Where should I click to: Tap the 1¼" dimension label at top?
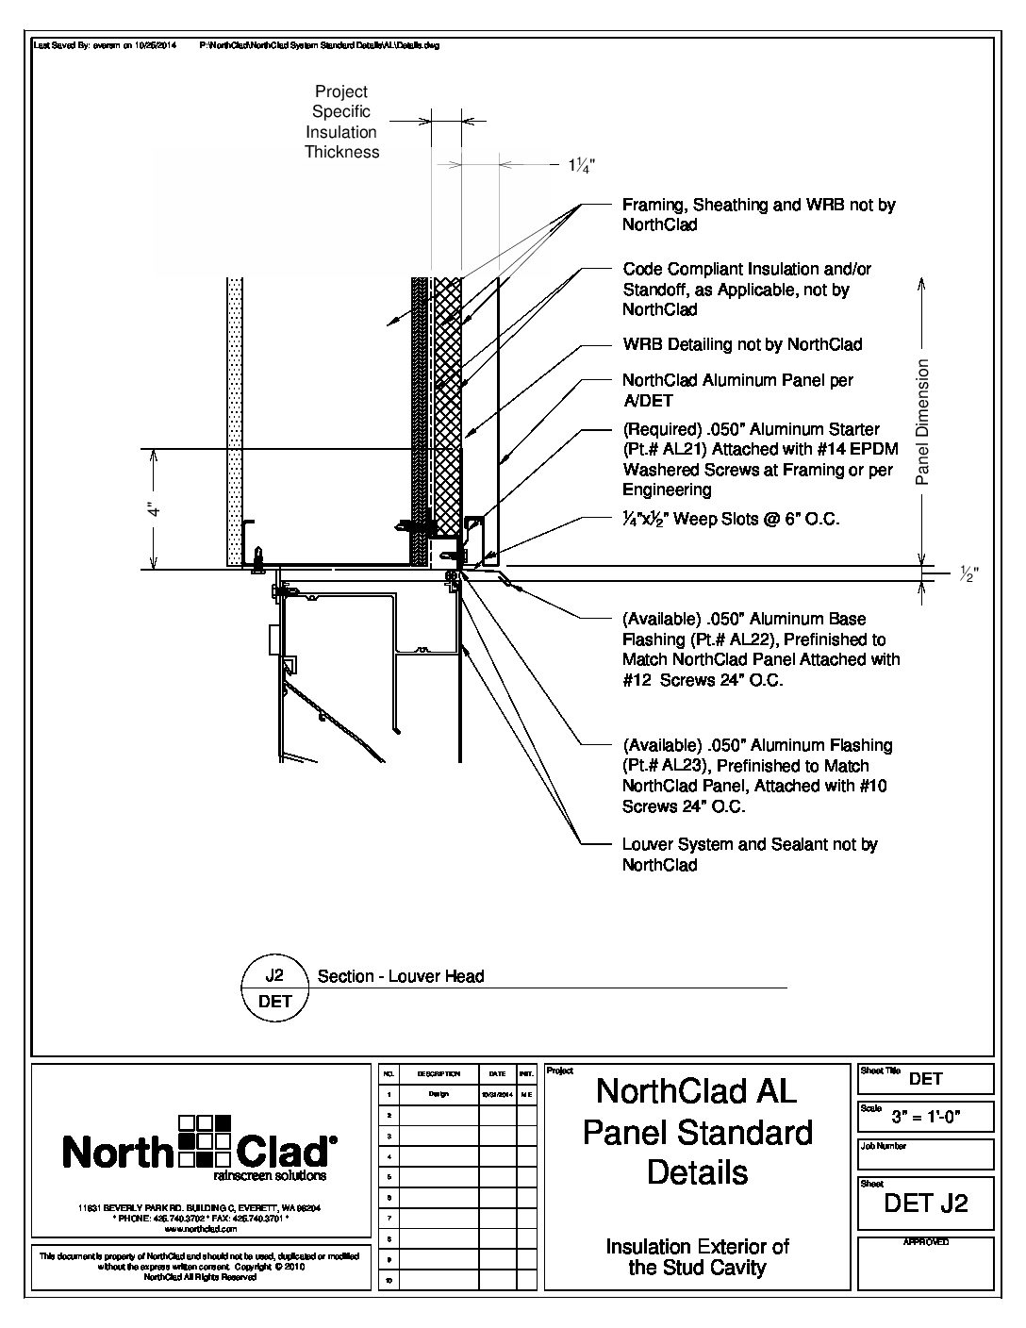pos(581,165)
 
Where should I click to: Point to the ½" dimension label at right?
pos(968,573)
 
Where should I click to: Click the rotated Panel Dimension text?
pos(923,422)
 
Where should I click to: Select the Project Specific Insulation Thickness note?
pos(341,122)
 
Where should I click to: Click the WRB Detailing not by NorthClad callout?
pos(742,344)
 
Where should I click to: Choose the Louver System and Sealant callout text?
pos(750,855)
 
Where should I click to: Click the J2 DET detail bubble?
pos(275,988)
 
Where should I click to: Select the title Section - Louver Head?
pos(401,976)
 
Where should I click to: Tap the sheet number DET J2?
pos(925,1203)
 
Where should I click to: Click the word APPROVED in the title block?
pos(926,1242)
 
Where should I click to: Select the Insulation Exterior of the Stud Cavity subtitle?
pos(697,1257)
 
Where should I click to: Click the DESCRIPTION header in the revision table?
pos(439,1073)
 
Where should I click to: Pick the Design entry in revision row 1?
pos(439,1094)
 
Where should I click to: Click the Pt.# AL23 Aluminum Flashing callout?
pos(756,776)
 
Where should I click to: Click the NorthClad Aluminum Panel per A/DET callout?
pos(737,390)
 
